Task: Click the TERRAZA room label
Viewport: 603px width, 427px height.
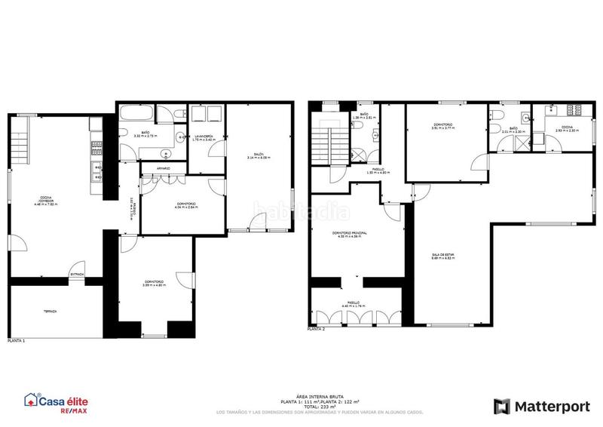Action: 50,311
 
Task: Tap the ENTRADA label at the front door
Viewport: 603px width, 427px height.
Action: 76,273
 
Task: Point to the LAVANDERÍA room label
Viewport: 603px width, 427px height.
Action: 204,137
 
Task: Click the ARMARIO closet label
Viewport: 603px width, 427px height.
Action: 163,167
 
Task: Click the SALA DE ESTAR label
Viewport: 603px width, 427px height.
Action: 442,257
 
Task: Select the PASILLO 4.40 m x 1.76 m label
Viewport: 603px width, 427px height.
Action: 353,304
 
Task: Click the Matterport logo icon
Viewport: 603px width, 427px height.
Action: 502,407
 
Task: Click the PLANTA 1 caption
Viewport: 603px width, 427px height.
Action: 16,340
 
